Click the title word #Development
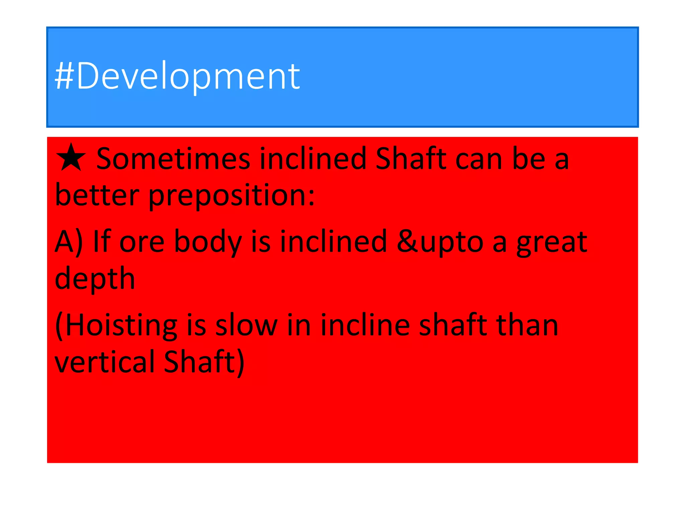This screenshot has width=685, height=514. (x=177, y=76)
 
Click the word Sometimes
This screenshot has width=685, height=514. (x=173, y=159)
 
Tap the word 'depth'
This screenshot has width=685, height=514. (x=95, y=279)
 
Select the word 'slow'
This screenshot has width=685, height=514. (x=247, y=325)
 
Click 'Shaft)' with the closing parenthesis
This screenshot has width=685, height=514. (x=204, y=362)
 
